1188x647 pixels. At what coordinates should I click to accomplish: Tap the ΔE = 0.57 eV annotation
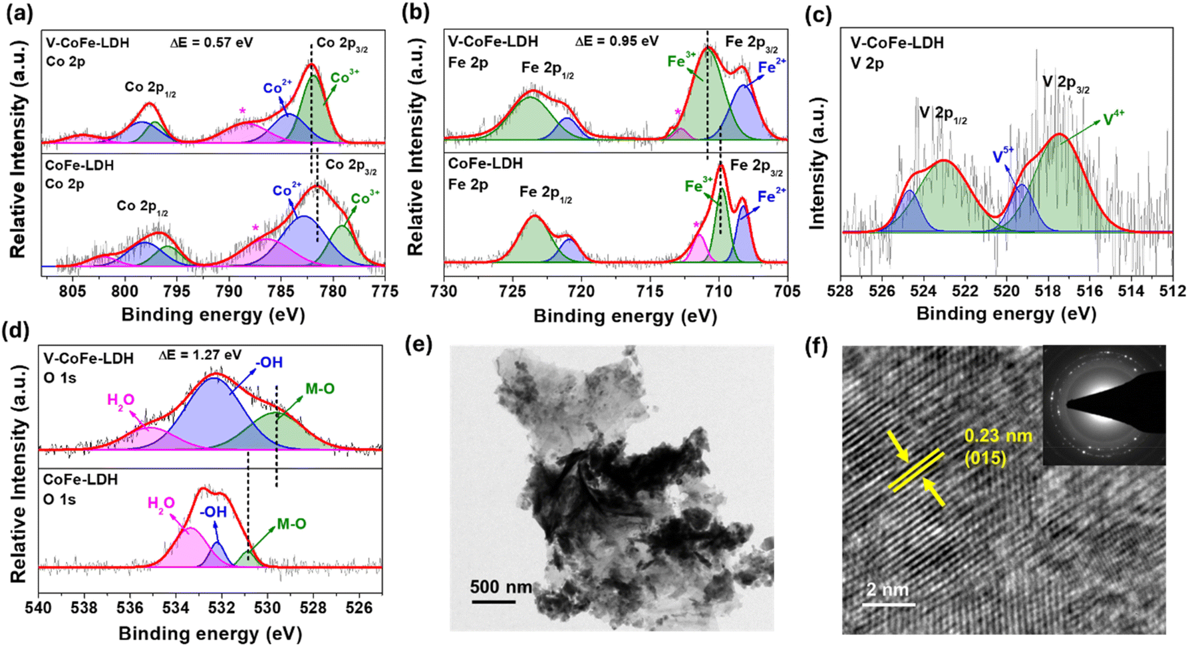click(212, 43)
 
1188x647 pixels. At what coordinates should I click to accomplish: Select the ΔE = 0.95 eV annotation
click(617, 41)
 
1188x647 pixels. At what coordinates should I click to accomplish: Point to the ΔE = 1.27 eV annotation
click(200, 355)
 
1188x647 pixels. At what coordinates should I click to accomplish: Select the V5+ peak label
click(1003, 156)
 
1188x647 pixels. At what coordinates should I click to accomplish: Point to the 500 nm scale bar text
click(501, 587)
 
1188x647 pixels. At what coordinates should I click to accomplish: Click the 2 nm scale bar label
click(887, 590)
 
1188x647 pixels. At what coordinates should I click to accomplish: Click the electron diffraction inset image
click(1104, 404)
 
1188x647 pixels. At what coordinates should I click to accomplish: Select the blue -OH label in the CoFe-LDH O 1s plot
click(213, 512)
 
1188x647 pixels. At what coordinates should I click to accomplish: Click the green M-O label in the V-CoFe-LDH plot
click(320, 388)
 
